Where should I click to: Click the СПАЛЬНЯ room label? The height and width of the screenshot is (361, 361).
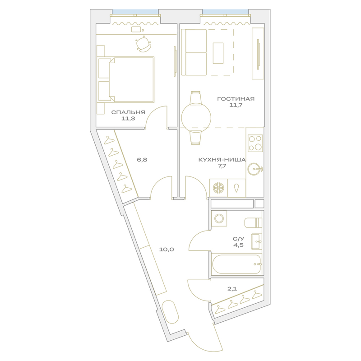click(x=128, y=112)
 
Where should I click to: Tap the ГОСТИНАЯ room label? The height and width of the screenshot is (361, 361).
click(x=236, y=99)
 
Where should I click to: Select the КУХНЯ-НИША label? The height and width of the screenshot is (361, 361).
click(x=222, y=160)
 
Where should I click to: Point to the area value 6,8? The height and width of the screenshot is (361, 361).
click(x=142, y=160)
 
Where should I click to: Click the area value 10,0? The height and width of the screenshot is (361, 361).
click(x=167, y=250)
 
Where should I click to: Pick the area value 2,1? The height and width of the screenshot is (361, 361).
click(x=232, y=289)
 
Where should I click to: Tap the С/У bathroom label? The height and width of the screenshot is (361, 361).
click(x=238, y=239)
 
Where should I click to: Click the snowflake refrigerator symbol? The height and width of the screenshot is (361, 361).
click(x=218, y=188)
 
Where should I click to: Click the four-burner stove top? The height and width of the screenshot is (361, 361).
click(x=255, y=143)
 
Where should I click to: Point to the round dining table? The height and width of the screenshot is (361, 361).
click(x=196, y=117)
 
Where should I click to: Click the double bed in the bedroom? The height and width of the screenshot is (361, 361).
click(x=126, y=79)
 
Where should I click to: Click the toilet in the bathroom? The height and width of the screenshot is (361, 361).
click(x=253, y=222)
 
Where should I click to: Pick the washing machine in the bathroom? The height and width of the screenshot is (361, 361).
click(x=219, y=218)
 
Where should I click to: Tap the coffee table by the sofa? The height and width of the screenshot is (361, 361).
click(x=218, y=53)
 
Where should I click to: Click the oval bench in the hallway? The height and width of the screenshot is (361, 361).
click(x=171, y=312)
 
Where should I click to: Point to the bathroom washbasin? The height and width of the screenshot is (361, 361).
click(x=256, y=241)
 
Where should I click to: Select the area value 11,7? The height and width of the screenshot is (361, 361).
click(x=236, y=106)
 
